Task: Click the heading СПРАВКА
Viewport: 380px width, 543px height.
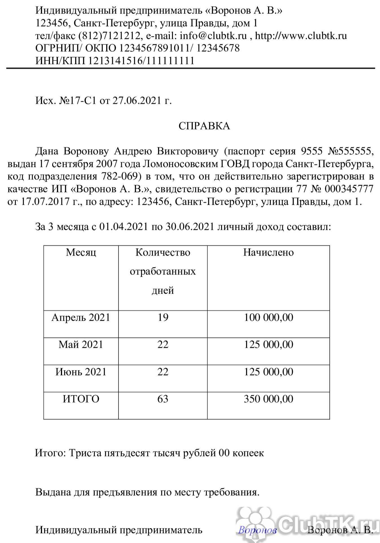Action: click(x=204, y=126)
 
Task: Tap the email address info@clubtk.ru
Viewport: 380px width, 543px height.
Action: click(x=213, y=36)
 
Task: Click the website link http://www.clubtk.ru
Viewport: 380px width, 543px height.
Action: click(x=301, y=36)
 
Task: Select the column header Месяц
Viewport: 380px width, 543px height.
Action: click(x=81, y=252)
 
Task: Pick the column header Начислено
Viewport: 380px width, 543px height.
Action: click(x=268, y=252)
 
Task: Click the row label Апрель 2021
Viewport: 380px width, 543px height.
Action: click(x=81, y=318)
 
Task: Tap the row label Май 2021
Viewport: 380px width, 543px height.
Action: click(x=81, y=345)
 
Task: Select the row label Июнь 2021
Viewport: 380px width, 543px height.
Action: click(x=81, y=372)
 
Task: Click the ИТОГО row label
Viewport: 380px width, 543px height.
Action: click(x=81, y=399)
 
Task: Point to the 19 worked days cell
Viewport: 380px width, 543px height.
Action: click(x=163, y=318)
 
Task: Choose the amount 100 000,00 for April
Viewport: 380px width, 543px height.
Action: click(x=268, y=318)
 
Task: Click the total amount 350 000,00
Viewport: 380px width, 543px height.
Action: click(x=268, y=399)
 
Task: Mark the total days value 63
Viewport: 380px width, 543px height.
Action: click(x=163, y=399)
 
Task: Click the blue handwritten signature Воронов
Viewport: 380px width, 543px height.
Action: click(x=257, y=530)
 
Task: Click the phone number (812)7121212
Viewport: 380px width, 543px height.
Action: click(x=109, y=36)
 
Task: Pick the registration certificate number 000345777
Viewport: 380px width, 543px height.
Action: click(x=349, y=189)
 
